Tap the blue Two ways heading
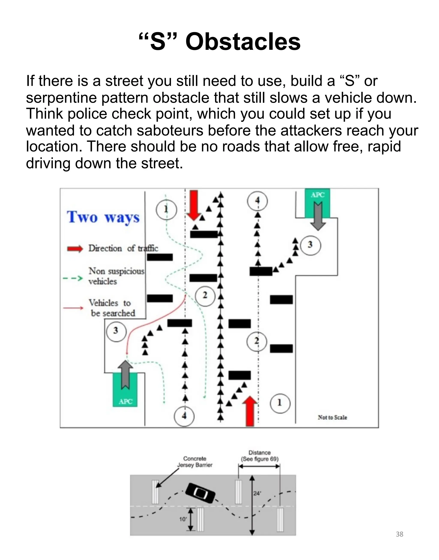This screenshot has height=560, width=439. click(103, 217)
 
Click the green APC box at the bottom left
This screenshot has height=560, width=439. click(125, 389)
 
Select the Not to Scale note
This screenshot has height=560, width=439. click(332, 418)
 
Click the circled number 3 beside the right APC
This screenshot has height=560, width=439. click(310, 245)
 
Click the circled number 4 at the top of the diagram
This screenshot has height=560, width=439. click(257, 201)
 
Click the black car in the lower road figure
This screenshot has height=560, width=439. click(200, 493)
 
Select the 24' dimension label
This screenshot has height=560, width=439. click(257, 493)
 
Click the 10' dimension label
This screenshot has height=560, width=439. click(183, 519)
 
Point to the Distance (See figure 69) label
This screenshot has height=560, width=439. click(259, 456)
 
